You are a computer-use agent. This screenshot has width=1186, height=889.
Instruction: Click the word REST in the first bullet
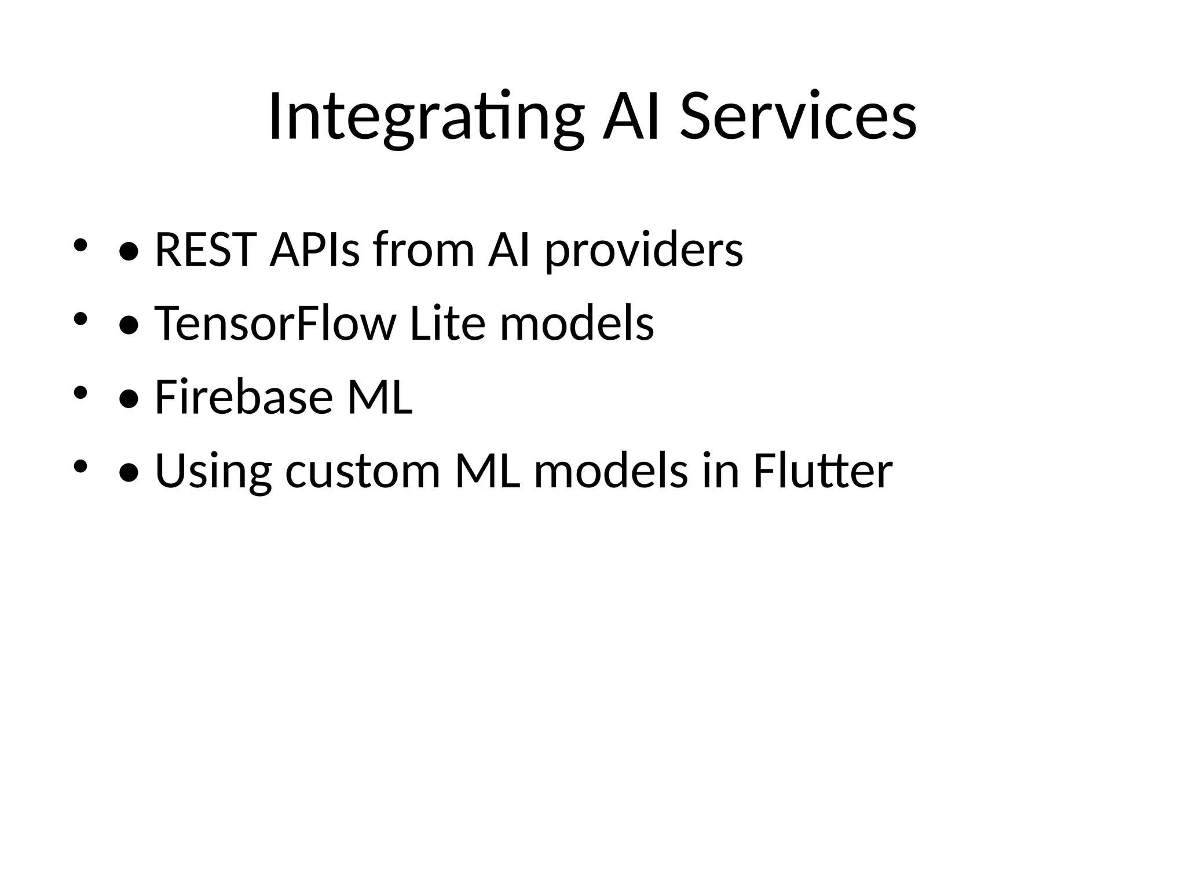(x=206, y=250)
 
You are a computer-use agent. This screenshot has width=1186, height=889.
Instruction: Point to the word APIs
(x=314, y=250)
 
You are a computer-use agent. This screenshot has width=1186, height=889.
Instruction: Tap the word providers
(x=644, y=250)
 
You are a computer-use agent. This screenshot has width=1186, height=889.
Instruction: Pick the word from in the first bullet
(x=423, y=250)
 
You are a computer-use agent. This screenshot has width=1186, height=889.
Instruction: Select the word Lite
(x=447, y=324)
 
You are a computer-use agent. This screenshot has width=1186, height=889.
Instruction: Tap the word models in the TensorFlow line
(x=577, y=324)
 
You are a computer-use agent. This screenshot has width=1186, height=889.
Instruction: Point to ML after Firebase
(x=379, y=398)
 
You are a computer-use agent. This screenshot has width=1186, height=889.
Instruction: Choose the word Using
(x=213, y=471)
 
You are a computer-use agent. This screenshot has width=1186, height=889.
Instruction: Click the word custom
(x=363, y=471)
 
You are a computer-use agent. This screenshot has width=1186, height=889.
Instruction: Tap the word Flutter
(x=822, y=471)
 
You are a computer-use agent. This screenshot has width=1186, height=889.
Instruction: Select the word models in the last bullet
(x=610, y=471)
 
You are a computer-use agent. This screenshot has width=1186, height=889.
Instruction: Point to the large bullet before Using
(x=129, y=473)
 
